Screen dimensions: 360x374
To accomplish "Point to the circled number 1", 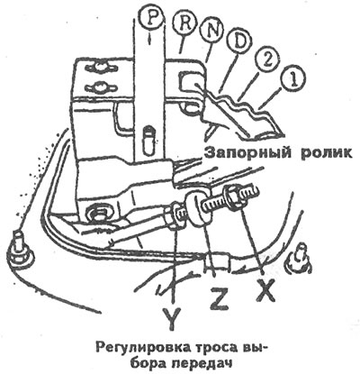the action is (x=293, y=79).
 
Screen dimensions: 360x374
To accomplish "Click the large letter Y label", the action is (x=173, y=319).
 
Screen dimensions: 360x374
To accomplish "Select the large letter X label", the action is (x=265, y=291).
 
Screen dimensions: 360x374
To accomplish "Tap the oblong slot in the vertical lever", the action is (x=148, y=137).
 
